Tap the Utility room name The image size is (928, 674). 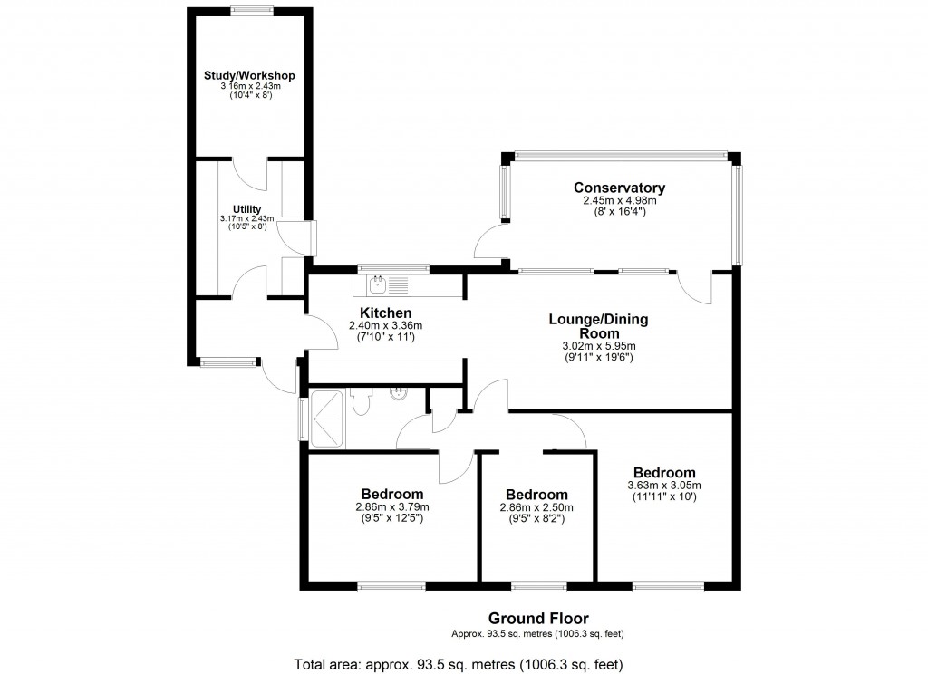pyautogui.click(x=246, y=209)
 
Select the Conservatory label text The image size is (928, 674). pyautogui.click(x=619, y=188)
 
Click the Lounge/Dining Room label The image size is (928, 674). pyautogui.click(x=598, y=326)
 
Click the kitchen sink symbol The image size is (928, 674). pyautogui.click(x=379, y=286)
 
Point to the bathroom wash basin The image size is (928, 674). pyautogui.click(x=398, y=394)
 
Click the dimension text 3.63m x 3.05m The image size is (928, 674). pyautogui.click(x=664, y=486)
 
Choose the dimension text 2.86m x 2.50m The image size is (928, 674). pyautogui.click(x=538, y=507)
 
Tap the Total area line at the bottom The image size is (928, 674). pyautogui.click(x=460, y=663)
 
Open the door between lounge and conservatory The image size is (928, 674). pyautogui.click(x=697, y=287)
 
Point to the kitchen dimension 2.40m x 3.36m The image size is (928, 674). pyautogui.click(x=387, y=325)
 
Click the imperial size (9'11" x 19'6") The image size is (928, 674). pyautogui.click(x=598, y=357)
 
